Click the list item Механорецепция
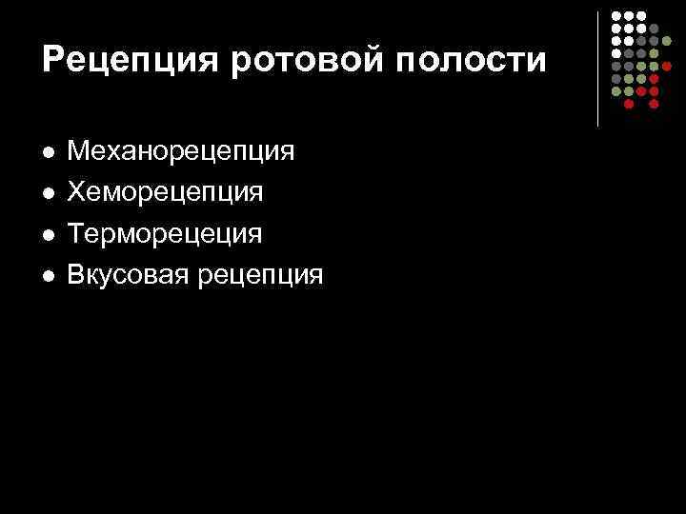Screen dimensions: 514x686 pos(181,150)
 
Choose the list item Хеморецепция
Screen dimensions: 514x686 pos(166,192)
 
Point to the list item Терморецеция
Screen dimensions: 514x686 pos(165,234)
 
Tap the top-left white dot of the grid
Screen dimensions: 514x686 pos(616,17)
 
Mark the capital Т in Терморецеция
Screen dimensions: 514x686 pos(77,234)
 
